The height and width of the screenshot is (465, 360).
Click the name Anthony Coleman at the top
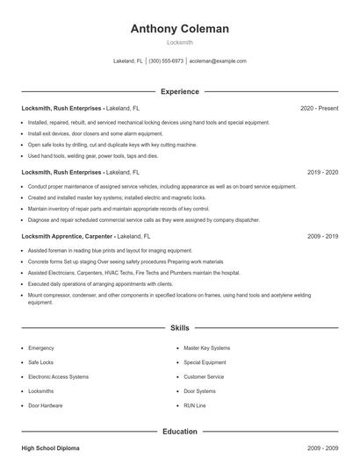[x=179, y=28]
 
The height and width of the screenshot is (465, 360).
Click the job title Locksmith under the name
[x=179, y=42]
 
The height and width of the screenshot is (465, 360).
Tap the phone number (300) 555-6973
[x=166, y=61]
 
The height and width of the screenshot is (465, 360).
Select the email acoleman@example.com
[x=217, y=61]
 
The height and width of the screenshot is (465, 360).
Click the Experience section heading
[x=179, y=91]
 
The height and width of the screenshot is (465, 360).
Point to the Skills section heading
[x=179, y=327]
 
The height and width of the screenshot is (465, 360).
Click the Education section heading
[x=179, y=432]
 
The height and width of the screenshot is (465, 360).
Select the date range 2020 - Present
[x=319, y=108]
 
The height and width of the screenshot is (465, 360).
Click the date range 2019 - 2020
[x=322, y=173]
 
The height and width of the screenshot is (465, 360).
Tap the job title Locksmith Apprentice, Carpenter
[x=67, y=236]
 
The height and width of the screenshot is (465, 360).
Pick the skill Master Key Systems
[x=206, y=347]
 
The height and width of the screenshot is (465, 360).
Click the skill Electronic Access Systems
[x=58, y=376]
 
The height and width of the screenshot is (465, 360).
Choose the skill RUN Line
[x=194, y=405]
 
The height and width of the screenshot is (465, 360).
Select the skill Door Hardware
[x=46, y=405]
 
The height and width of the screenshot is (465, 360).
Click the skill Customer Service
[x=204, y=376]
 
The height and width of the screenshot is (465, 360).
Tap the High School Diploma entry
[x=50, y=448]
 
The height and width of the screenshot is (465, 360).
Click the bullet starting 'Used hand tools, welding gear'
[x=93, y=155]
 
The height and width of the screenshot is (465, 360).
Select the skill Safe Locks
[x=41, y=361]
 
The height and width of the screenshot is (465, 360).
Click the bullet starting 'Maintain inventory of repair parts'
[x=119, y=209]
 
